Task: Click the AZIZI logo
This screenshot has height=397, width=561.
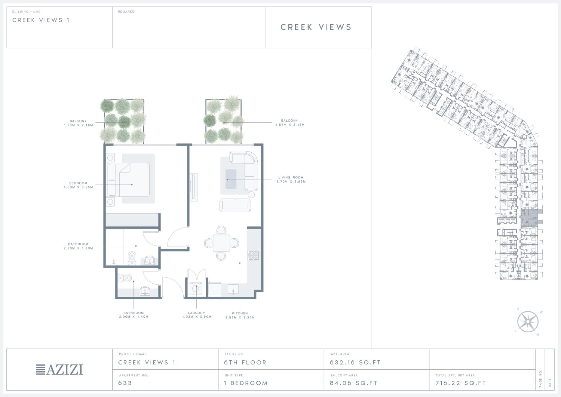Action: coord(59,370)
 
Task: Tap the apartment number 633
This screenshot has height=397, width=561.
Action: coord(125,383)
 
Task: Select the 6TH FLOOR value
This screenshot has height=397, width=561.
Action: coord(245,363)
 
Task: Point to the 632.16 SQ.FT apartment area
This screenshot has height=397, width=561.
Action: coord(355,363)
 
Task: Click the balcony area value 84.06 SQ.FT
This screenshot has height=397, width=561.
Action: coord(353,383)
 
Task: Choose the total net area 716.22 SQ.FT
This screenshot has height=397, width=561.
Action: coord(460,383)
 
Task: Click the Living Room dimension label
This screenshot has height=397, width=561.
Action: coord(291,180)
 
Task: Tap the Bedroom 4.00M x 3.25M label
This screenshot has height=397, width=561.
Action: coord(79,185)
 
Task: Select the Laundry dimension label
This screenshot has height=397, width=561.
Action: coord(197,315)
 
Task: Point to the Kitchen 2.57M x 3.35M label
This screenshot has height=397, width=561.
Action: coord(240,315)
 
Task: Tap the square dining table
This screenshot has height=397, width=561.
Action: coord(221,243)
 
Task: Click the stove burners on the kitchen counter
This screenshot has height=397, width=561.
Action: coord(253,255)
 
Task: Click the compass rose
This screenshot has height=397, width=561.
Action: coord(528,321)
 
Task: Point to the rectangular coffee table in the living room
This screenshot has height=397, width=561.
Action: coord(231,179)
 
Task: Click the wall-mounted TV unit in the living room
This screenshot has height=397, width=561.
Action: coord(193,187)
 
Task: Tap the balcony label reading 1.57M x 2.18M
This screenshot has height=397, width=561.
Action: coord(290,123)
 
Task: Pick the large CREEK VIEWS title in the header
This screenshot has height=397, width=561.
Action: coord(316,27)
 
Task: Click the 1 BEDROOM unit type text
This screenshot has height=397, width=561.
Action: coord(246,383)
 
